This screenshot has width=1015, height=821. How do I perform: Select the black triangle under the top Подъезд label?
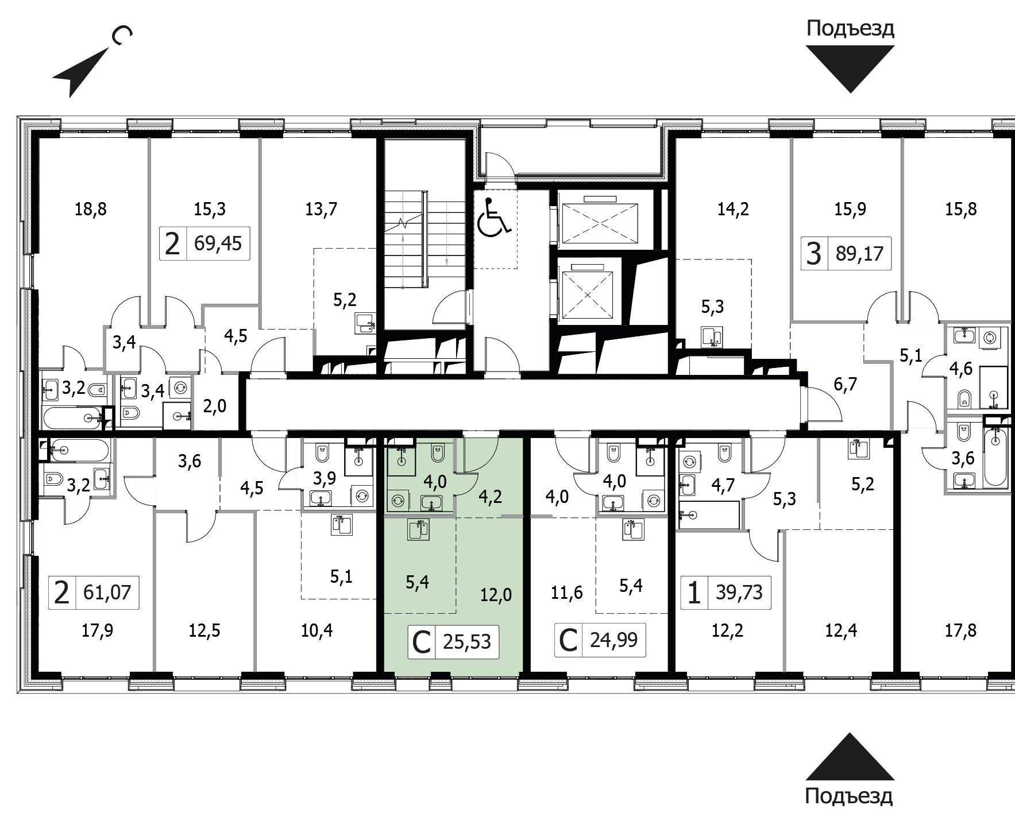pyautogui.click(x=850, y=69)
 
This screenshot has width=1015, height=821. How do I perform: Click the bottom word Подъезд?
pyautogui.click(x=849, y=797)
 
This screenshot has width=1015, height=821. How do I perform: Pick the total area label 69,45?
pyautogui.click(x=218, y=243)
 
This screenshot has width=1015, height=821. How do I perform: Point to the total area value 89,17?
pyautogui.click(x=859, y=253)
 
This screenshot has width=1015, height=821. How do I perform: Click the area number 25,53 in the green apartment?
pyautogui.click(x=467, y=641)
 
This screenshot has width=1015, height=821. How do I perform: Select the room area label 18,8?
pyautogui.click(x=91, y=209)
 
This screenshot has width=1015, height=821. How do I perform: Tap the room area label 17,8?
pyautogui.click(x=960, y=631)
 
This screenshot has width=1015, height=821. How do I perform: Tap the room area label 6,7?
pyautogui.click(x=845, y=384)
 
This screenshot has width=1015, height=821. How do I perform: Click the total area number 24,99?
pyautogui.click(x=613, y=639)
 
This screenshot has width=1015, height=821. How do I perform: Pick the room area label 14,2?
pyautogui.click(x=732, y=209)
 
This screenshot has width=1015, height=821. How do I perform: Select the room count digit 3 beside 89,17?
pyautogui.click(x=813, y=253)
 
